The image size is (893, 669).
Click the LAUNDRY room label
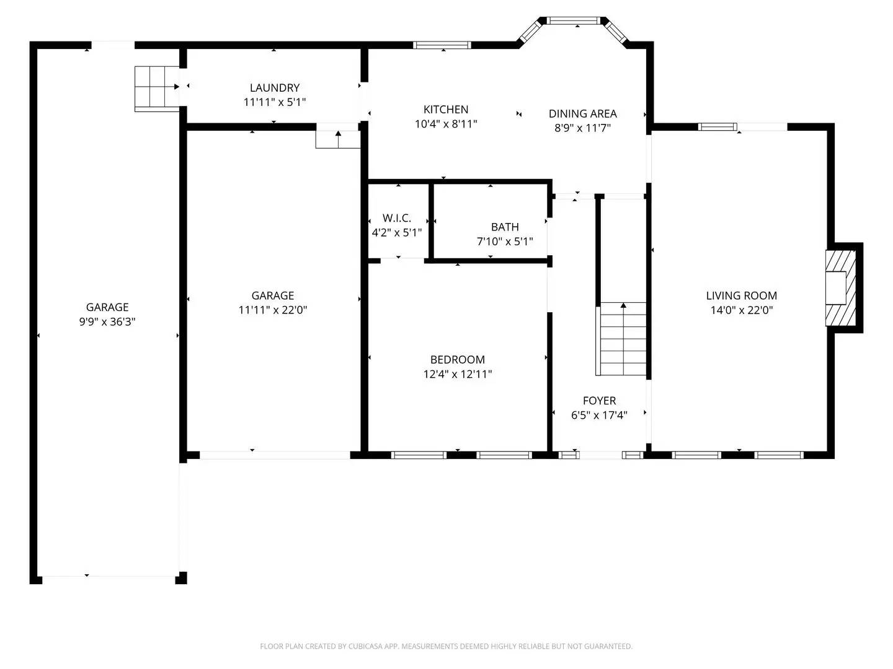(x=274, y=88)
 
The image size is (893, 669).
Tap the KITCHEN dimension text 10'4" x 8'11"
(x=446, y=124)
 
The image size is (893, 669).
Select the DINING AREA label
(x=582, y=113)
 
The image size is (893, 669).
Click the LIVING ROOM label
(x=741, y=295)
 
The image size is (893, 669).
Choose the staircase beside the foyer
(x=622, y=339)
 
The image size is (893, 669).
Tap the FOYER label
(x=599, y=401)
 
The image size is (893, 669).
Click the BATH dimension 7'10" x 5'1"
(x=504, y=242)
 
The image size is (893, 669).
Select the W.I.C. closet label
(x=396, y=218)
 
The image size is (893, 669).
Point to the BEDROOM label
(x=458, y=359)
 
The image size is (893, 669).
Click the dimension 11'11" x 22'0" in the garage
(x=273, y=310)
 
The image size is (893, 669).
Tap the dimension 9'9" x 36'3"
(x=107, y=321)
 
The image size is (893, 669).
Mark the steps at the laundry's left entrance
(x=156, y=87)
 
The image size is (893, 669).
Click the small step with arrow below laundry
(x=337, y=139)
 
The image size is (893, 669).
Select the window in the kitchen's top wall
(x=442, y=45)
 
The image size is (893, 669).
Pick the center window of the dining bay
(x=574, y=20)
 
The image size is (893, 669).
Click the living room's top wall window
(x=718, y=127)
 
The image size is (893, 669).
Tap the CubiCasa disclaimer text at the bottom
(x=446, y=646)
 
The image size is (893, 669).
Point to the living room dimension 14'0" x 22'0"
(x=741, y=310)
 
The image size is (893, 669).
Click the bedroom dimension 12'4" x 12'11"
(x=458, y=374)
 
